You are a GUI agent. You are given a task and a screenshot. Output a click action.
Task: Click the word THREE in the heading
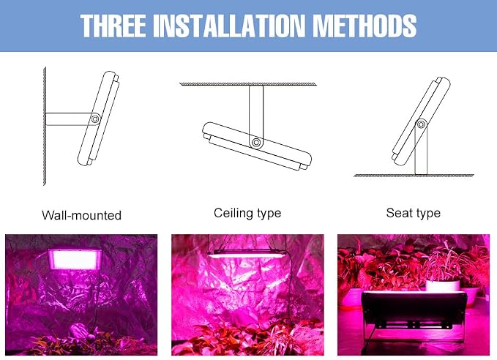click(113, 26)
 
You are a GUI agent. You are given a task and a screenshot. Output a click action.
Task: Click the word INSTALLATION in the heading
click(229, 26)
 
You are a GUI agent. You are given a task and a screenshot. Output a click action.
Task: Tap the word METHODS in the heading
click(365, 26)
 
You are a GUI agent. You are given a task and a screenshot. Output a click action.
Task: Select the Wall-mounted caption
click(81, 216)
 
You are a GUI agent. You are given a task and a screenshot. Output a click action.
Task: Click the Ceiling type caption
click(247, 213)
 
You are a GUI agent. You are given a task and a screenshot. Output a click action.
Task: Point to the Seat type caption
click(414, 213)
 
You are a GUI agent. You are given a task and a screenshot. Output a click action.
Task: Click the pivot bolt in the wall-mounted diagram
click(94, 119)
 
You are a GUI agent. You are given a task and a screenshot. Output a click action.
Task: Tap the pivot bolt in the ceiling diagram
click(255, 142)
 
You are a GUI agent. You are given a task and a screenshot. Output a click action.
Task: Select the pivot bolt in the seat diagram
click(421, 124)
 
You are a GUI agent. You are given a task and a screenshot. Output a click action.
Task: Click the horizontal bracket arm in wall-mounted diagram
click(71, 119)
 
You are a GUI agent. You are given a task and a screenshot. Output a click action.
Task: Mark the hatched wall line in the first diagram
click(45, 126)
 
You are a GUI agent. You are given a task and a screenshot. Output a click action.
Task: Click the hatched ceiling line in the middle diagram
click(248, 84)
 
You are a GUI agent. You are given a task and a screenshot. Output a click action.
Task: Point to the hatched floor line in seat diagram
click(414, 176)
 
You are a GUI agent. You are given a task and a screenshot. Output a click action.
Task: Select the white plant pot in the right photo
click(442, 285)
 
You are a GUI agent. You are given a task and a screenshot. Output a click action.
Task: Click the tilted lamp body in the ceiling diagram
click(257, 146)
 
